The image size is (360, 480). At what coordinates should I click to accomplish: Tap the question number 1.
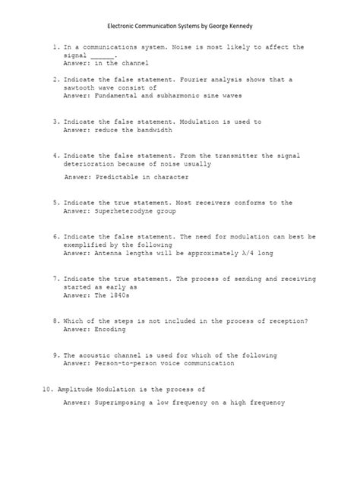[55, 47]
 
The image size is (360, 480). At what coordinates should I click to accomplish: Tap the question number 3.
[55, 122]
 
